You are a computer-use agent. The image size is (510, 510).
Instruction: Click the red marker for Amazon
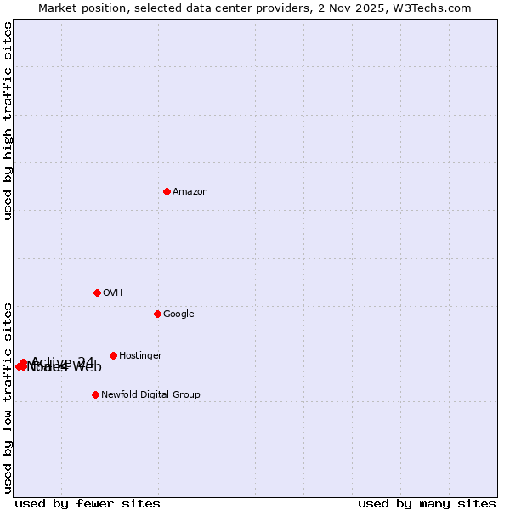coord(167,191)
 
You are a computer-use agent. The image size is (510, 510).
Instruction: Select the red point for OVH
coord(97,292)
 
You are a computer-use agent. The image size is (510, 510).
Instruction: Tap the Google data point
coord(157,314)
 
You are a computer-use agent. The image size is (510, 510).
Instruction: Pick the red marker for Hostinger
coord(113,355)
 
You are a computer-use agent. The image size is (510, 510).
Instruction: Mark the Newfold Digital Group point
coord(95,394)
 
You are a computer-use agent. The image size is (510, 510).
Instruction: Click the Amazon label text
coord(190,192)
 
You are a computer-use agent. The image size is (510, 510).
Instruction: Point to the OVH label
coord(113,293)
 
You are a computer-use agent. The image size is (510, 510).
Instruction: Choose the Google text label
coord(178,314)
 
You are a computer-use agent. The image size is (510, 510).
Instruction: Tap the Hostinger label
coord(140,356)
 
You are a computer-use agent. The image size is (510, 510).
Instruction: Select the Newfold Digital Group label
coord(150,395)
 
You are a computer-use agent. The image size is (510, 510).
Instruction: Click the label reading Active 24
coord(63,362)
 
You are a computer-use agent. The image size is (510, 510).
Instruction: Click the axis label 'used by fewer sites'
coord(88,503)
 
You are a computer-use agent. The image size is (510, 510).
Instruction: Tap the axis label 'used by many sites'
coord(427,503)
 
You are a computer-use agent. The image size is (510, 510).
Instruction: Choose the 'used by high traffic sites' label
coord(8,122)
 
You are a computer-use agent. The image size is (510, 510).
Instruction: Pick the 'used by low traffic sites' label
coord(8,398)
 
